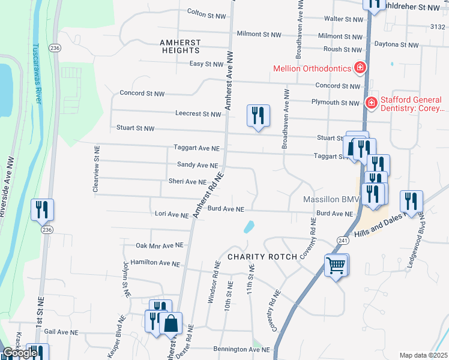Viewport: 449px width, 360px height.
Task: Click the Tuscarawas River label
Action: coord(37,73)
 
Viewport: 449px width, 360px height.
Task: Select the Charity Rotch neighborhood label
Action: coord(262,257)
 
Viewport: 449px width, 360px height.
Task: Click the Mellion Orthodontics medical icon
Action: coord(360,68)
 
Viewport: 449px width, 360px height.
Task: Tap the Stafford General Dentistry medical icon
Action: coord(371,104)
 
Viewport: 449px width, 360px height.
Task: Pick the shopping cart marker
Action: coord(336,264)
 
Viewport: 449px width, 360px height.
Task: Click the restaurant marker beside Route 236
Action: coord(42,209)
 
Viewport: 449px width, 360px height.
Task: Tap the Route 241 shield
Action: coord(343,240)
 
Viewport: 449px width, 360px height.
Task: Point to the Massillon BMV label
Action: coord(330,199)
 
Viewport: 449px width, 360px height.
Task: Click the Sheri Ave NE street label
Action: coord(187,182)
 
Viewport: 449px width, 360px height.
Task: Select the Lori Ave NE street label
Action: coord(172,214)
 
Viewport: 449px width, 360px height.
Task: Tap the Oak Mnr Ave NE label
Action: coord(159,245)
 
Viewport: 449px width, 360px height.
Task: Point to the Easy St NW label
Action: coord(206,64)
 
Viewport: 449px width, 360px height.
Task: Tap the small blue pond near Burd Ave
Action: coord(249,227)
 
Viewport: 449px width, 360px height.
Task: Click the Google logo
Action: coord(20,353)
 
